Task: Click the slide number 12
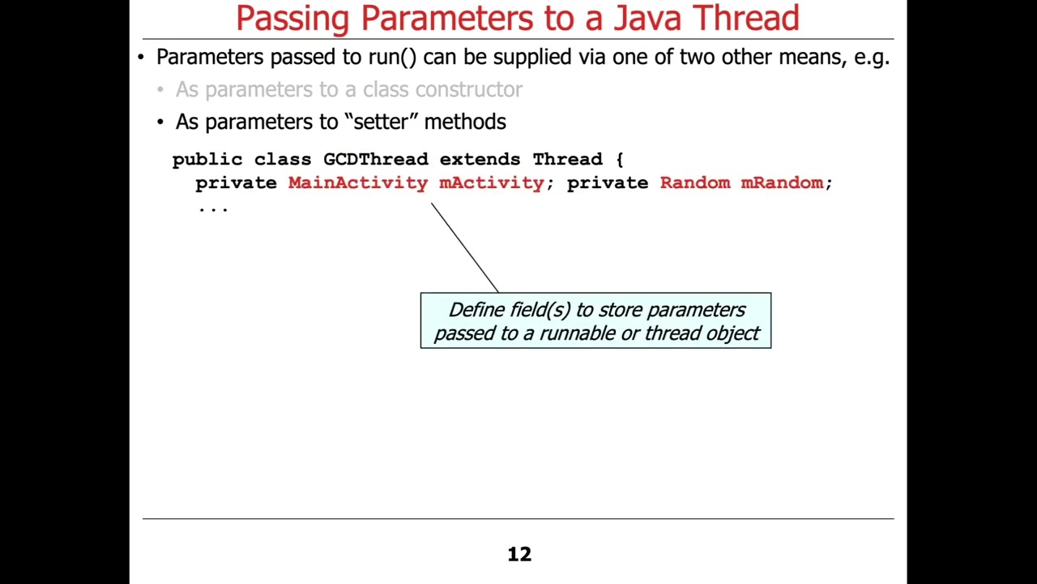pos(519,554)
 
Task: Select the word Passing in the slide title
pos(293,18)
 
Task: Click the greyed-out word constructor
pos(472,89)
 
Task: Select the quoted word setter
pos(381,122)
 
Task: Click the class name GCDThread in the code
pos(375,159)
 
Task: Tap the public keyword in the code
pos(207,159)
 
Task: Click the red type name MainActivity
pos(357,182)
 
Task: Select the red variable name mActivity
pos(491,182)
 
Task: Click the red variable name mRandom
pos(782,182)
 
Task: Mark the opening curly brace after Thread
pos(619,159)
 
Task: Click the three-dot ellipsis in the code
pos(213,208)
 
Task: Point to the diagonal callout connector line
pos(464,247)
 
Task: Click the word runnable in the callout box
pos(576,333)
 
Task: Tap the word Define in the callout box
pos(476,310)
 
